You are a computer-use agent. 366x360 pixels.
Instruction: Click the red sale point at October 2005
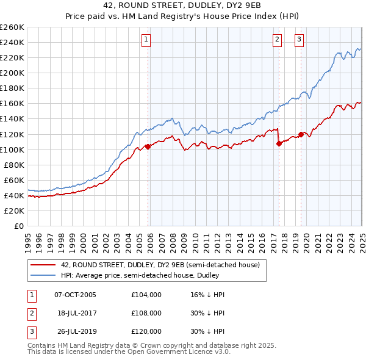(x=148, y=146)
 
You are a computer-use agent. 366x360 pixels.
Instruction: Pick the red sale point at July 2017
(x=279, y=143)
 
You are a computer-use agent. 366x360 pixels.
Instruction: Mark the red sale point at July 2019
(x=301, y=134)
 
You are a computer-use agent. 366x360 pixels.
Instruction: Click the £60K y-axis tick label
(x=14, y=180)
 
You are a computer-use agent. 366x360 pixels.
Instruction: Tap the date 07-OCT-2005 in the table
(x=75, y=295)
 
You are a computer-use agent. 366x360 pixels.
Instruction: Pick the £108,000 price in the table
(x=146, y=313)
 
